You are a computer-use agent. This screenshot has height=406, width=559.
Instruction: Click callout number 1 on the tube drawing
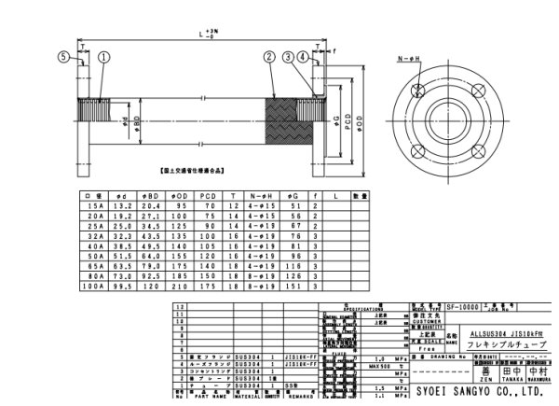[103, 56]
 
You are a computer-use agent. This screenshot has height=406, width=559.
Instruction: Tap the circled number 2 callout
[268, 57]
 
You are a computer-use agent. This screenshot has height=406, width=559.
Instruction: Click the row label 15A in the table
[90, 205]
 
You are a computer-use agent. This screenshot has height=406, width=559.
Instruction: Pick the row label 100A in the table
[90, 287]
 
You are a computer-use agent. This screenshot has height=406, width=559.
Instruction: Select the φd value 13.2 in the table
[120, 205]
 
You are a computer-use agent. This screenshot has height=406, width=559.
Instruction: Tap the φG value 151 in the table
[296, 287]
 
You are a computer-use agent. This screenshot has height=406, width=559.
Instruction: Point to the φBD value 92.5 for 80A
[149, 277]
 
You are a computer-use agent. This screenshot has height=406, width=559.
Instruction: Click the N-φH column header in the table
[266, 195]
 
